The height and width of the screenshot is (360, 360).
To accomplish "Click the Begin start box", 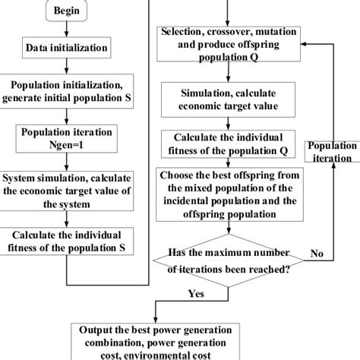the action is point(66,11).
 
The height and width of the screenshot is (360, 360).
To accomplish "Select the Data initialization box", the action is point(66,48).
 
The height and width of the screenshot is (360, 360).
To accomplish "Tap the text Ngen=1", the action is point(66,145).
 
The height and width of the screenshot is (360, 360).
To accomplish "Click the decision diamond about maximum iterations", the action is point(229,261).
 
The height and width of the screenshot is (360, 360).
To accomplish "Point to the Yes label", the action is point(196,294).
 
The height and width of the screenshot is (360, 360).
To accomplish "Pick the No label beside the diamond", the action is point(317,253).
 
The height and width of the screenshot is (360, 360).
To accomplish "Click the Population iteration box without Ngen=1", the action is point(332,151).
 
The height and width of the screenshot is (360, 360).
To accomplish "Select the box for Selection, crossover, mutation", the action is point(229,44).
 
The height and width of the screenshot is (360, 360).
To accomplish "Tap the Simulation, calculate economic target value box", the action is point(228,99).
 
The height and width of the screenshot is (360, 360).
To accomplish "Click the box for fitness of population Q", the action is point(228,144).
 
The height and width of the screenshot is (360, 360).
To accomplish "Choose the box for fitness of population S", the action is point(66,241).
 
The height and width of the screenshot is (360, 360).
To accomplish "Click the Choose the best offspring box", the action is point(229,194).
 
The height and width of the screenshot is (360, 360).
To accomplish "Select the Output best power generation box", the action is point(155,342).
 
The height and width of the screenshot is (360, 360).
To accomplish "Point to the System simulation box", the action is point(66,191).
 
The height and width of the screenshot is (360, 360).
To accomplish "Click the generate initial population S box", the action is point(66,91).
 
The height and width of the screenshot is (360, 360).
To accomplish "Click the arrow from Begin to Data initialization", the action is point(66,29).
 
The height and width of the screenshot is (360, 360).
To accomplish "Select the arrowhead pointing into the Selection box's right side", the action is point(304,44).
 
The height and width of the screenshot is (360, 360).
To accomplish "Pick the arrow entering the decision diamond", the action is point(229,227).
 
